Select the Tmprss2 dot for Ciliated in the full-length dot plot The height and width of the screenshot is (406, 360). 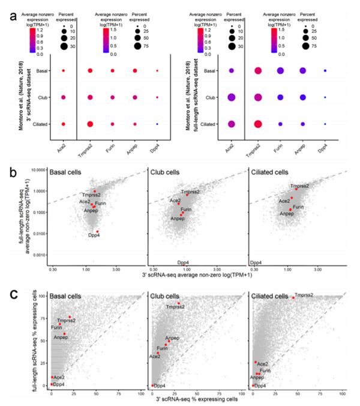pos(259,124)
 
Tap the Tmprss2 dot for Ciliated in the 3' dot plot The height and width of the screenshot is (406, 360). pos(89,124)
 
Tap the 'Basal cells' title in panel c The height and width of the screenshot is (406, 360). pos(68,297)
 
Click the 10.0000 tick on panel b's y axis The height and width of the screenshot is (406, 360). pos(38,170)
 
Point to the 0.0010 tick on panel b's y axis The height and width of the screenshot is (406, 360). pos(40,255)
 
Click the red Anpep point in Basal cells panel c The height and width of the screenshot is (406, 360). pos(64,333)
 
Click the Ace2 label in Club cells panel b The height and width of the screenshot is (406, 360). pos(175,200)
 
